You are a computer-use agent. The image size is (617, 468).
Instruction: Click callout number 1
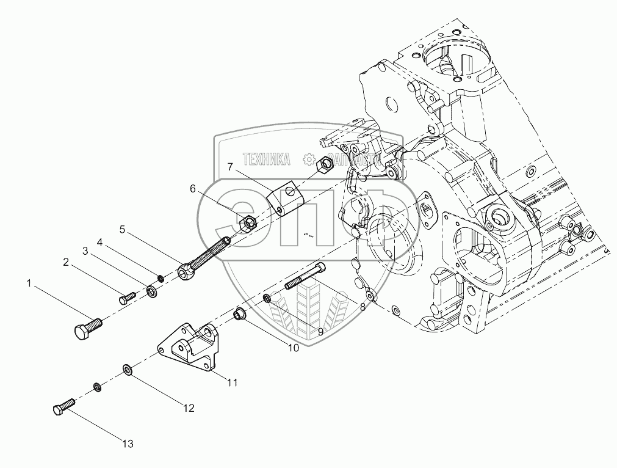(29, 283)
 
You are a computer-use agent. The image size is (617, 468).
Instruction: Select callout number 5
(122, 230)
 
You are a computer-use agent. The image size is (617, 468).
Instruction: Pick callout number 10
(293, 348)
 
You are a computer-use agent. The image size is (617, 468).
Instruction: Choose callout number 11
(232, 383)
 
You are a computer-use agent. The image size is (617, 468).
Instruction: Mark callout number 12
(189, 408)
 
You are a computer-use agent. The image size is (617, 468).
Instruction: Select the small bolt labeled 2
(127, 298)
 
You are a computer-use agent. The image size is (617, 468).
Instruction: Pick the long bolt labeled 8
(305, 279)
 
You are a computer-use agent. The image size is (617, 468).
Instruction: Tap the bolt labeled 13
(63, 406)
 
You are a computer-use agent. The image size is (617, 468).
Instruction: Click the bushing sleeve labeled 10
(240, 316)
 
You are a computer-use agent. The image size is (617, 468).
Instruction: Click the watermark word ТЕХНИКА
(267, 160)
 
